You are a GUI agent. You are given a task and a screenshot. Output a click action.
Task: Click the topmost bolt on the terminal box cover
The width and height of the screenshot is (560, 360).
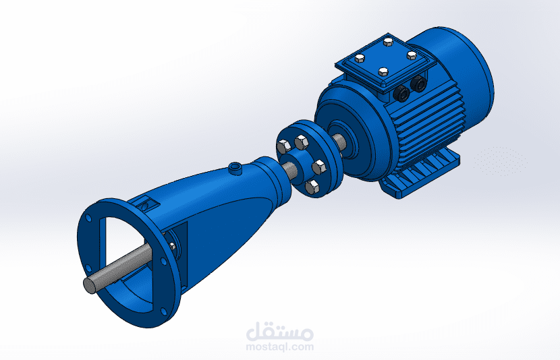click(x=389, y=42)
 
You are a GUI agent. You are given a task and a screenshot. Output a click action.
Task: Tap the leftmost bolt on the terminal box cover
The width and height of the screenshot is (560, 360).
click(x=360, y=59)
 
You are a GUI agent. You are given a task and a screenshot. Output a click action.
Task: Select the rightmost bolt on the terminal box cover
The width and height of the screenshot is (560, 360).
click(x=412, y=55)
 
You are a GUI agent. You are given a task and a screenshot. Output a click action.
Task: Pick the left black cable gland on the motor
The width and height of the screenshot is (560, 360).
click(x=401, y=94)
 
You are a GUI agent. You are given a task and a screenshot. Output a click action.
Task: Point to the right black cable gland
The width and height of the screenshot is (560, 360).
click(x=418, y=84)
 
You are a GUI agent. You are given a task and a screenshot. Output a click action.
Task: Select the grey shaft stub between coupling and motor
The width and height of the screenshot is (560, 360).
click(x=339, y=142)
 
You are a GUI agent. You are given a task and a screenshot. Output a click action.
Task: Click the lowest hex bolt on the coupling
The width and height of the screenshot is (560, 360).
click(x=312, y=187)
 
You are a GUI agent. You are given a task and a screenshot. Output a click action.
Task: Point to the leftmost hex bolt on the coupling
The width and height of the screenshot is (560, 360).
click(x=283, y=146)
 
